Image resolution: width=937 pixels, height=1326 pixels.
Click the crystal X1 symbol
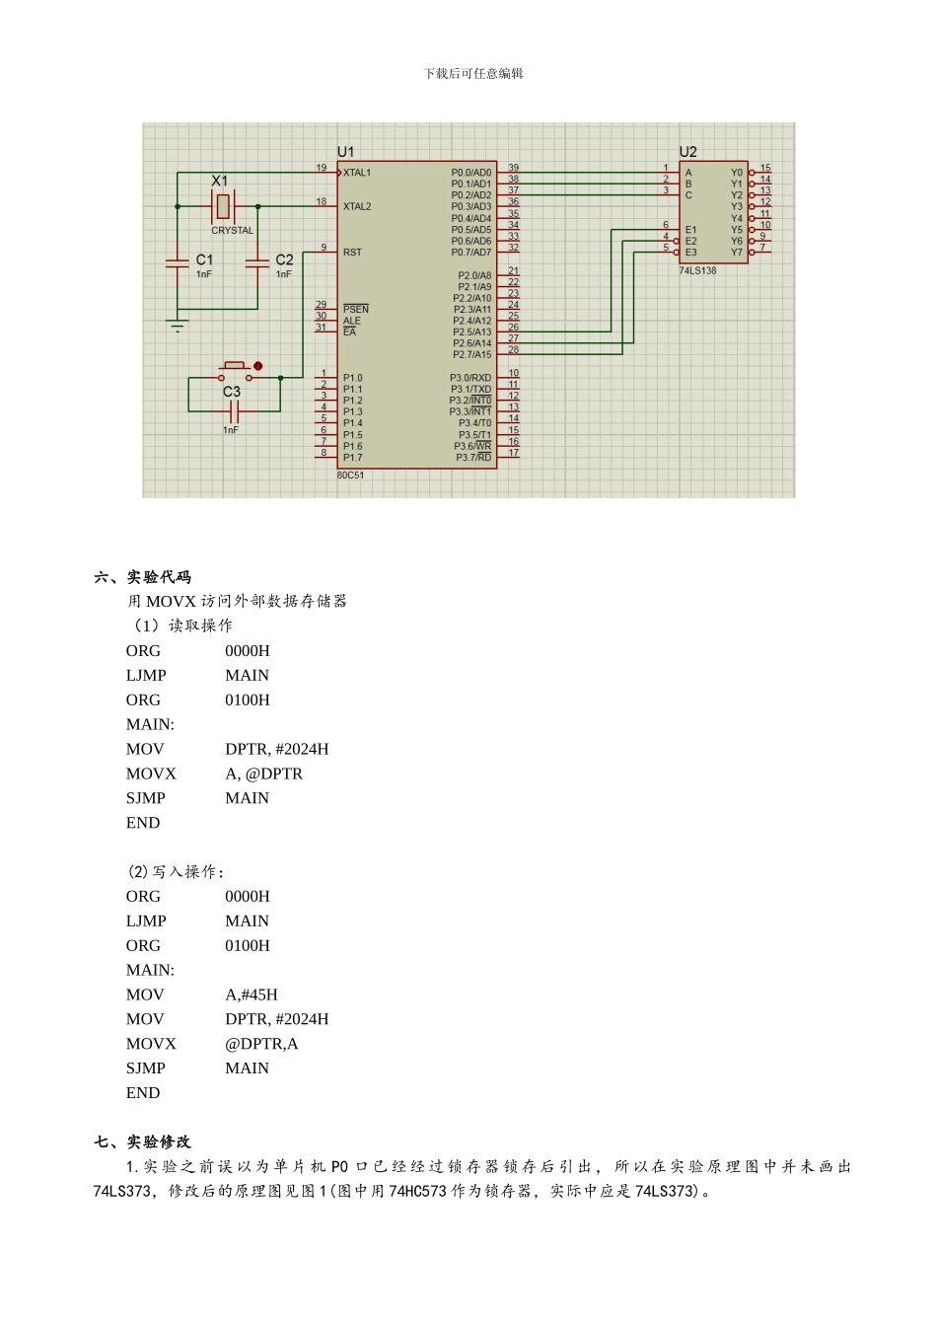coord(223,206)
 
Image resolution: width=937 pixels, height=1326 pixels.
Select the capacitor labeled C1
coord(178,263)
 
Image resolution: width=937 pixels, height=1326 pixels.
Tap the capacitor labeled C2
coord(257,263)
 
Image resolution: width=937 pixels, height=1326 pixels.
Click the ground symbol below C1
coord(178,326)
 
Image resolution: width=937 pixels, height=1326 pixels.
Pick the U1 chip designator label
coord(345,152)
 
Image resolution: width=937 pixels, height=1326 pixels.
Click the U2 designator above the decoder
coord(687,152)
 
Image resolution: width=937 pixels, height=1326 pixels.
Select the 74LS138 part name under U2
coord(697,270)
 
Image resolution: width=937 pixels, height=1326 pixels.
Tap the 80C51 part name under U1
coord(350,476)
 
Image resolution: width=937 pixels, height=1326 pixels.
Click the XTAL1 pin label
coord(357,173)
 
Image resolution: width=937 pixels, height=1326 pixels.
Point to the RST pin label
coord(352,253)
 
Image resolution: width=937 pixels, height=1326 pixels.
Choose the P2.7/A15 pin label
coord(471,354)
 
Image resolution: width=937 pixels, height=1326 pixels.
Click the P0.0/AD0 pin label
coord(470,173)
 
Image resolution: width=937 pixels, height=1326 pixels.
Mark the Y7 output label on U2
coord(737,253)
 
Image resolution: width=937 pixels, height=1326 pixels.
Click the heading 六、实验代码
coord(143,577)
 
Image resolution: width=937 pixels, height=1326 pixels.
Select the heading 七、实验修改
coord(143,1142)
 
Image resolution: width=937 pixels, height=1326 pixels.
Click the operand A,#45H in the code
coord(252,994)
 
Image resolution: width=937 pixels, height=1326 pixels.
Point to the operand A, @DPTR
coord(263,773)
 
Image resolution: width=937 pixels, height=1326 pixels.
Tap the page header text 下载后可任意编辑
coord(473,73)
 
